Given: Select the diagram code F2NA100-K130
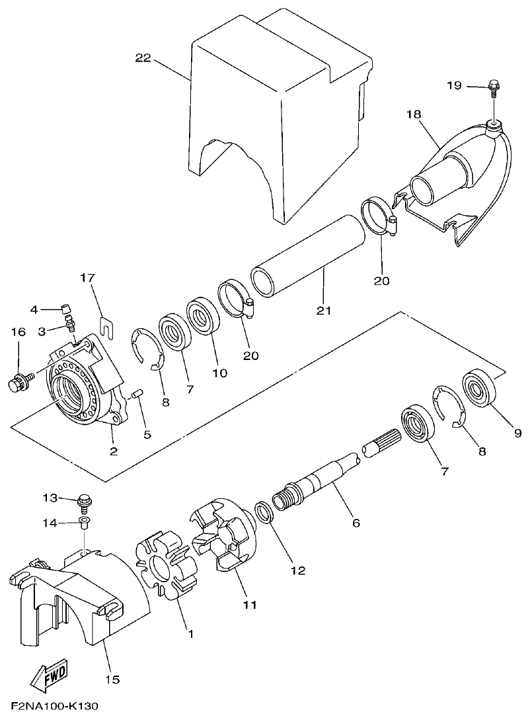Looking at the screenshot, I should click(55, 707).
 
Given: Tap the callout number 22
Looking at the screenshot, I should click(143, 58).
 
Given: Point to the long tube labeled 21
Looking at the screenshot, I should click(307, 255).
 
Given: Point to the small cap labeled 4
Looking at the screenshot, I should click(65, 307).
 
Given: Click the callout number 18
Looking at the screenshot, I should click(414, 115).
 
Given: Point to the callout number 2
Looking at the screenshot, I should click(114, 451).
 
